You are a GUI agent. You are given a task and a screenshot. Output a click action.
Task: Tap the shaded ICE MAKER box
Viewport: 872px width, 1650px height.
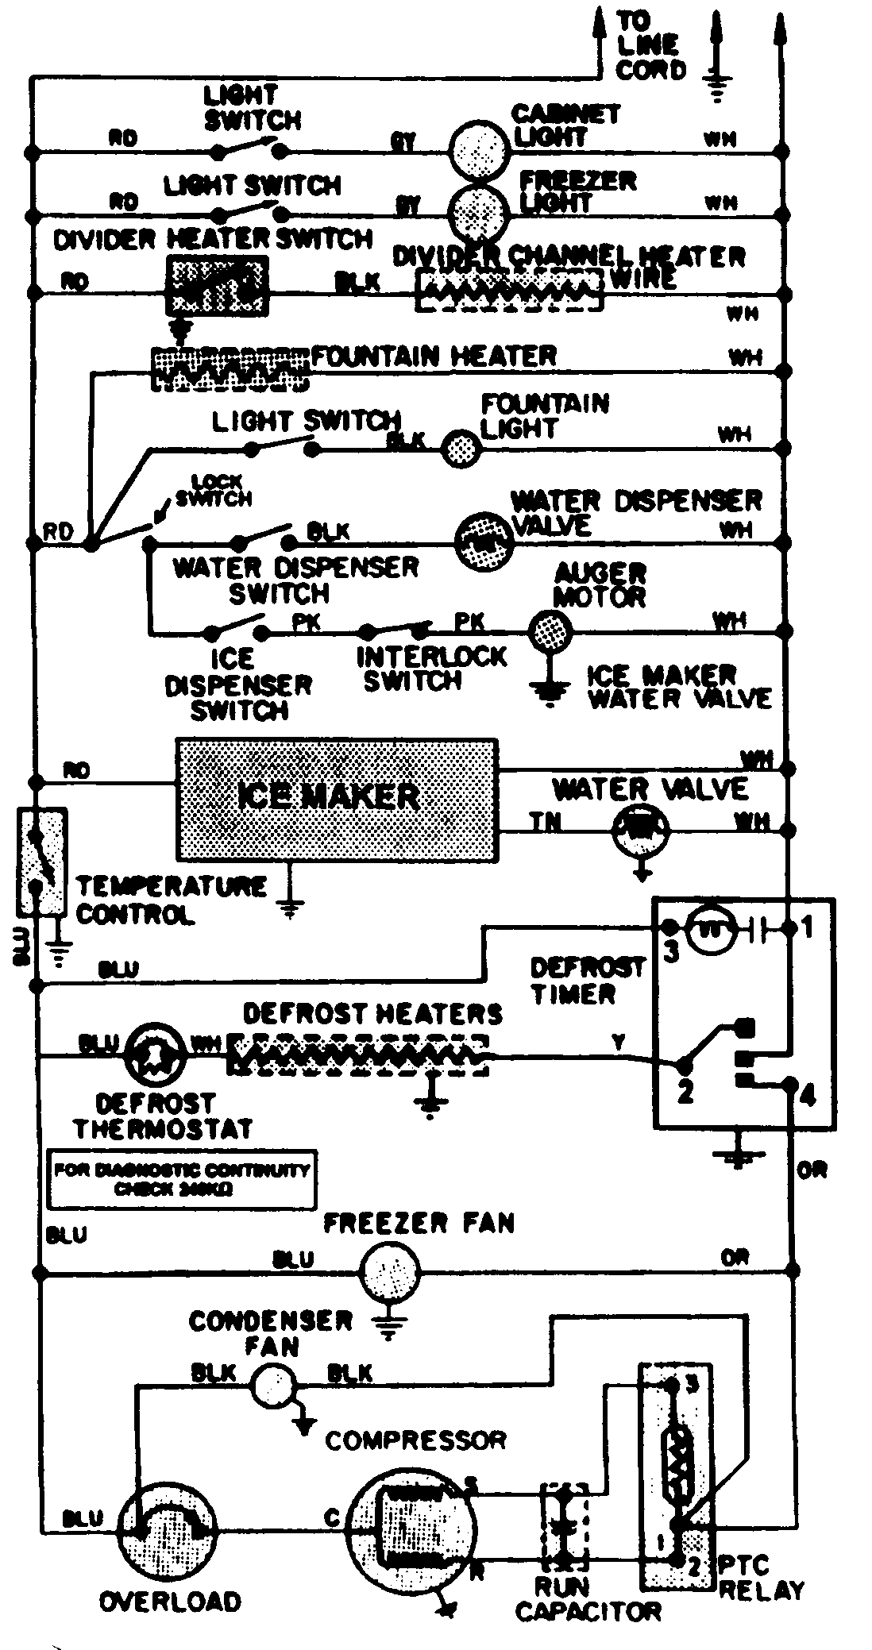click(338, 799)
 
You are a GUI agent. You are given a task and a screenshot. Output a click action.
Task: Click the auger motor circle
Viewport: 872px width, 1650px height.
click(550, 632)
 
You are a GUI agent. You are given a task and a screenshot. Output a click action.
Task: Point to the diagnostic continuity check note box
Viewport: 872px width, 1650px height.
click(181, 1180)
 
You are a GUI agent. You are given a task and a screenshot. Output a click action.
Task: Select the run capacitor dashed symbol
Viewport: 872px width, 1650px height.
click(565, 1523)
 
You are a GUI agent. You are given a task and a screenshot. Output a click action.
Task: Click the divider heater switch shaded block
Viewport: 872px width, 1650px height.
click(216, 284)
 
